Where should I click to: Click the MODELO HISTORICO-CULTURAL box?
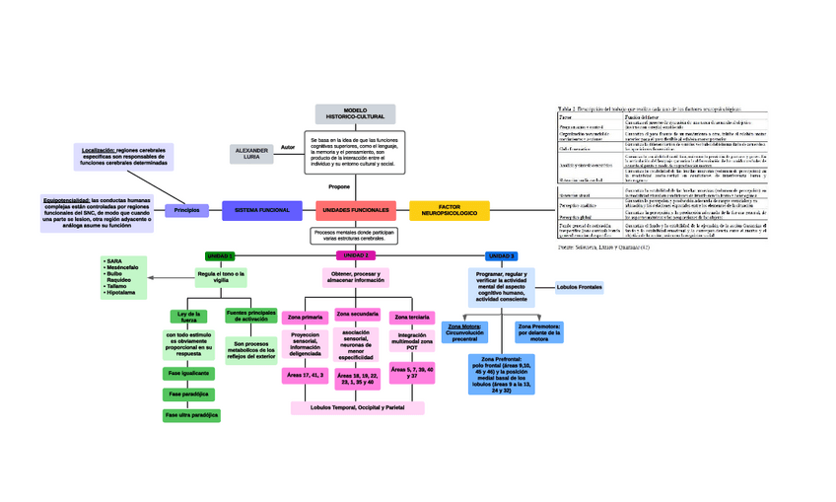pyautogui.click(x=355, y=114)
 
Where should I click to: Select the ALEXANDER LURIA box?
pyautogui.click(x=252, y=154)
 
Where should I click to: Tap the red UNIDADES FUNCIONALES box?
pyautogui.click(x=355, y=210)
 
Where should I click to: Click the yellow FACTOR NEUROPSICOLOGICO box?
pyautogui.click(x=449, y=210)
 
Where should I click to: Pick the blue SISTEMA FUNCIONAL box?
pyautogui.click(x=261, y=210)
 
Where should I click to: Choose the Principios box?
pyautogui.click(x=187, y=210)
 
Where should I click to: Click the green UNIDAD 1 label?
pyautogui.click(x=220, y=256)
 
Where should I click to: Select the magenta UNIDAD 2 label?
pyautogui.click(x=355, y=256)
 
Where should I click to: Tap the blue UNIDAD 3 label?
pyautogui.click(x=502, y=256)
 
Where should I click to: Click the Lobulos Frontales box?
pyautogui.click(x=579, y=287)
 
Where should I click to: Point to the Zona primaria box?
pyautogui.click(x=305, y=317)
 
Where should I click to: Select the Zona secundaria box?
pyautogui.click(x=357, y=315)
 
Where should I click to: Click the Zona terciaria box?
pyautogui.click(x=411, y=317)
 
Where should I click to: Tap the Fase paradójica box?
pyautogui.click(x=188, y=394)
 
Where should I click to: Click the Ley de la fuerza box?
pyautogui.click(x=188, y=318)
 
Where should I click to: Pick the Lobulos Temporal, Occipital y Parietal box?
pyautogui.click(x=357, y=407)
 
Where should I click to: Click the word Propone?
pyautogui.click(x=339, y=186)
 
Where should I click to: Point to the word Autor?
pyautogui.click(x=288, y=147)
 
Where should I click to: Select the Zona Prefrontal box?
pyautogui.click(x=502, y=375)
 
